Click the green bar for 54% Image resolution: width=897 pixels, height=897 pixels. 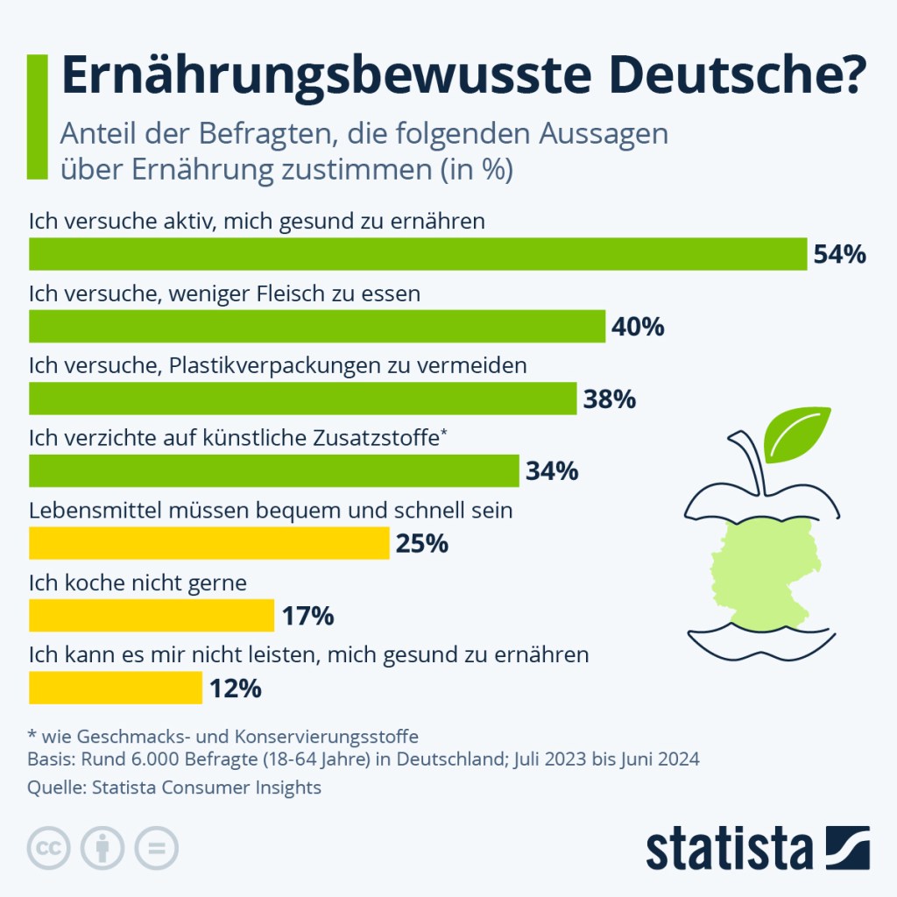418,254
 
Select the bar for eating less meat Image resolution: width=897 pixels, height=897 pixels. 317,327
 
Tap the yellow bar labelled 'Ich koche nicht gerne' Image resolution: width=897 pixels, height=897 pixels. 152,616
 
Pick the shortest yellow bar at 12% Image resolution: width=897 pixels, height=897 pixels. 116,688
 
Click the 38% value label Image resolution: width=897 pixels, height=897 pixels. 609,399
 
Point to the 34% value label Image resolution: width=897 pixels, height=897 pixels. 552,471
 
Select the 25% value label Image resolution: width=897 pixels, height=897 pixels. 421,544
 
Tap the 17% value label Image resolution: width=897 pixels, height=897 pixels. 307,616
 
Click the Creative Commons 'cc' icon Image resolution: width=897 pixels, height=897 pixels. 50,848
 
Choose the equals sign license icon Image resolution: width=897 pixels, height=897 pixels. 156,848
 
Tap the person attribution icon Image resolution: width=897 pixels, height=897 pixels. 102,848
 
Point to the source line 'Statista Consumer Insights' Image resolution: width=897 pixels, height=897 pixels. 201,788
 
